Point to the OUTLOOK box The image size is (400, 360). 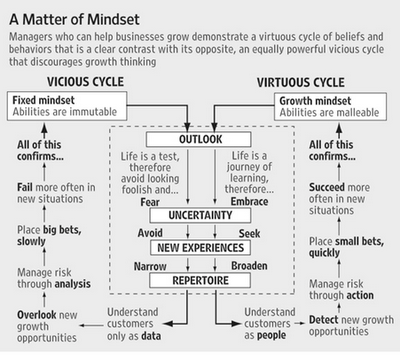[201, 138]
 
